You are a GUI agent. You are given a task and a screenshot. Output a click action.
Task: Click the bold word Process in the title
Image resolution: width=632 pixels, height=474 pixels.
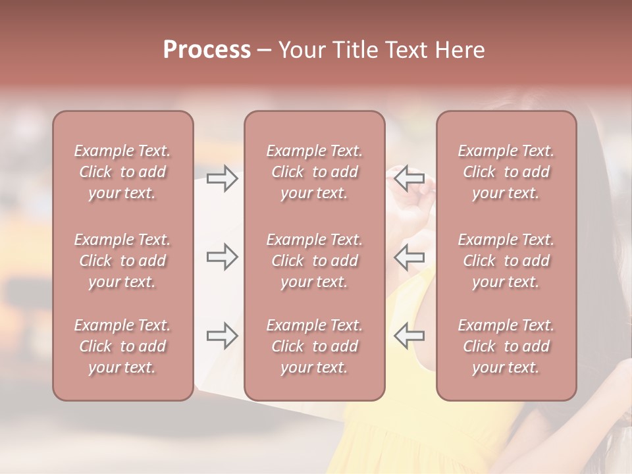tap(207, 50)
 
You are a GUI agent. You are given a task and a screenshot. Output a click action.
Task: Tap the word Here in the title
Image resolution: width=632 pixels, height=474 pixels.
tap(460, 50)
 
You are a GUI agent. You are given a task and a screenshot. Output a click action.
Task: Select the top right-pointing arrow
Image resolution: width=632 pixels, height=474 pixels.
tap(222, 178)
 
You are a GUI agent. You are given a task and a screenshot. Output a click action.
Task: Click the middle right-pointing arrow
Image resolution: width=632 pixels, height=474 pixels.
tap(222, 257)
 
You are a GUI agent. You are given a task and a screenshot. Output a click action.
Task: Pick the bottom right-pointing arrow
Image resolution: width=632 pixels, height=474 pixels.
tap(222, 336)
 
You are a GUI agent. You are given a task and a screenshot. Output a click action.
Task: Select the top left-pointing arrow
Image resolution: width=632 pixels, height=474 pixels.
tap(409, 178)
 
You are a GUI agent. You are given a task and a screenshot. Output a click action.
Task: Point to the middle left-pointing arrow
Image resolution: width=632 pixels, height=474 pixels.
tap(409, 257)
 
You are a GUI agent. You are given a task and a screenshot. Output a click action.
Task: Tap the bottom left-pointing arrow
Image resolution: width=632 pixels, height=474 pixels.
tap(409, 336)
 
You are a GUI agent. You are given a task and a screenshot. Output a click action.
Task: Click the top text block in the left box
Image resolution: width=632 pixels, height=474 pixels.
tap(122, 172)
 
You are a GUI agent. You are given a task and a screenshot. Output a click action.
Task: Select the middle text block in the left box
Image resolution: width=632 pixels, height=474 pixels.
tap(122, 261)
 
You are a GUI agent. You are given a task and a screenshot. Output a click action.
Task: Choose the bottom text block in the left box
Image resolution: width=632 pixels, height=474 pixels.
tap(122, 346)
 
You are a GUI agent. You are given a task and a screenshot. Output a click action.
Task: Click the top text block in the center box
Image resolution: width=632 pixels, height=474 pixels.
tap(314, 172)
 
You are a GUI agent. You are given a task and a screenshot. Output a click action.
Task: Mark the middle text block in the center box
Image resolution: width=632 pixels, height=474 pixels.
tap(314, 261)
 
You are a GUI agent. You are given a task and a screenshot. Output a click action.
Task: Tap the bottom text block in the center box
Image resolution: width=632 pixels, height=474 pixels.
tap(314, 346)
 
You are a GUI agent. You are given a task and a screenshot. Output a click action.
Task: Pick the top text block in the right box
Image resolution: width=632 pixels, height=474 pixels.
tap(506, 172)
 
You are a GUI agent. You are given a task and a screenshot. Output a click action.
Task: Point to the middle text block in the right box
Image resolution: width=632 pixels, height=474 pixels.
tap(506, 261)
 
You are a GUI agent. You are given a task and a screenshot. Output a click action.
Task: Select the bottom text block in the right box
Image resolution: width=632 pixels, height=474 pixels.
tap(506, 346)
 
